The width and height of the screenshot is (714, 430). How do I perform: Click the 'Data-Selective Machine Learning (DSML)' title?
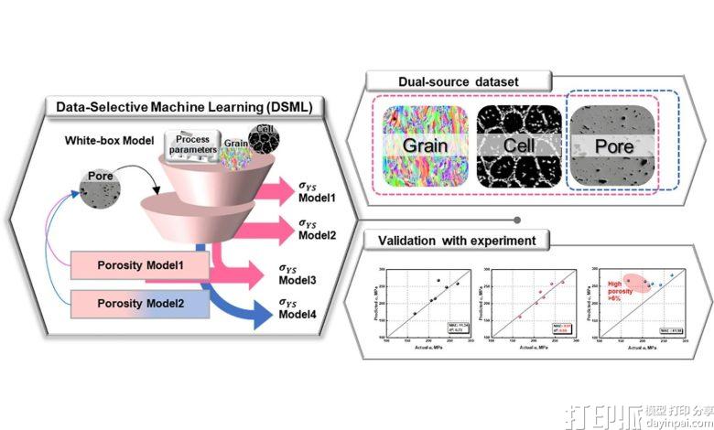click(x=184, y=108)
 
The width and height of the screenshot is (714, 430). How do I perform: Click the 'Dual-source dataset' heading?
click(x=457, y=82)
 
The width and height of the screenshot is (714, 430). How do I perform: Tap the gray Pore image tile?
click(x=611, y=145)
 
